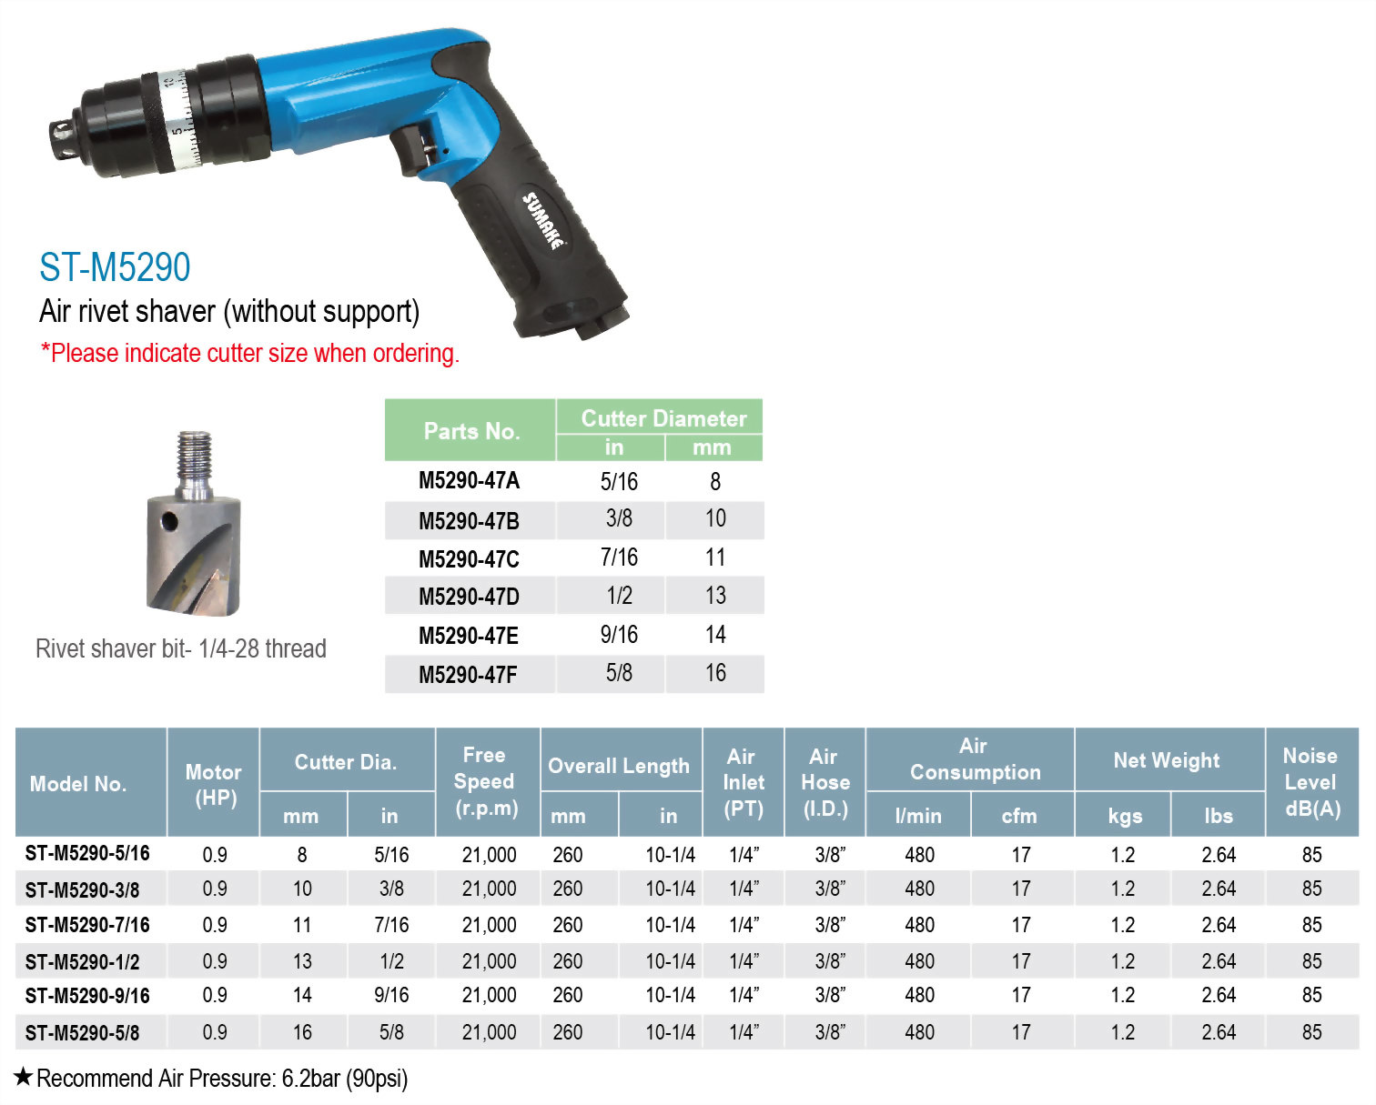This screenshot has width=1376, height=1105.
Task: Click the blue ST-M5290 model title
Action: point(115,267)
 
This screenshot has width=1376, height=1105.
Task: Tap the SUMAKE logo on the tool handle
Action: point(542,221)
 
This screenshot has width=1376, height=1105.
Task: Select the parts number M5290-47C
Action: point(469,558)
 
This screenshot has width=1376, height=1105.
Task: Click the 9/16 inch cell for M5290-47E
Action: point(619,635)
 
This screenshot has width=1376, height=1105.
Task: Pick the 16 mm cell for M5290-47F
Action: point(715,673)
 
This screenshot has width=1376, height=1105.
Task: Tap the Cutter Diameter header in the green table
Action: point(663,418)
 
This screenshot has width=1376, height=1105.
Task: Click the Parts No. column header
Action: point(471,431)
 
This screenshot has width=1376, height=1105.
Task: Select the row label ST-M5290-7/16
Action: point(87,925)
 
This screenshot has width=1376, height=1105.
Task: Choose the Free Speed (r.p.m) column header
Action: point(486,781)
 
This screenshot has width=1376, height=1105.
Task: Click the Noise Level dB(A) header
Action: point(1311,781)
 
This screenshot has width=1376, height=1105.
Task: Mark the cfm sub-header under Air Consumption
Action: point(1019,816)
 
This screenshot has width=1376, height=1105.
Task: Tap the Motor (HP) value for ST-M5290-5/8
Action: point(215,1032)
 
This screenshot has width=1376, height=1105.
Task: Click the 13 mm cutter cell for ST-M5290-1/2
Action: point(302,961)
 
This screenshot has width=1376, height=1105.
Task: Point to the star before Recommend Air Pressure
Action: point(24,1078)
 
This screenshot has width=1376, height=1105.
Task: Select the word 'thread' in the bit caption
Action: point(296,648)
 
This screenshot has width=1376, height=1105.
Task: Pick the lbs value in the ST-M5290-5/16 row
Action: point(1219,855)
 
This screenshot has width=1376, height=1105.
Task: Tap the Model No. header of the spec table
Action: point(78,784)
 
